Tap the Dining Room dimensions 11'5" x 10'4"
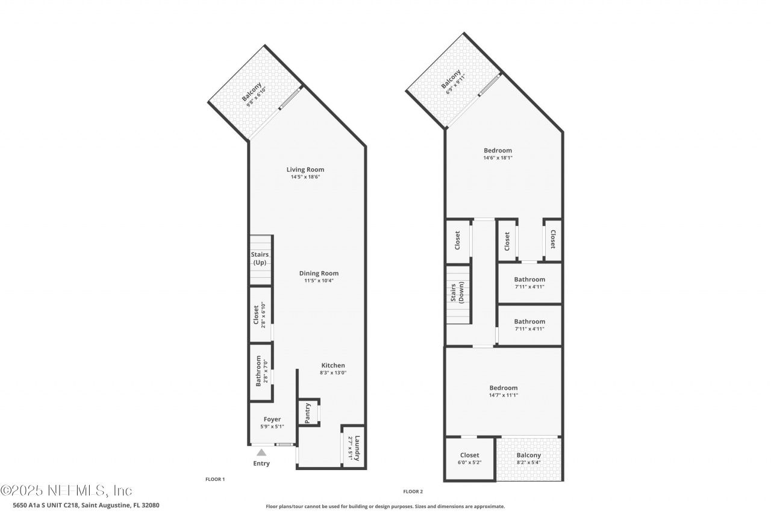point(319,281)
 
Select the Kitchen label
point(332,365)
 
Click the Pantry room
point(308,413)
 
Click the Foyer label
point(272,419)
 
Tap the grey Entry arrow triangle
point(261,453)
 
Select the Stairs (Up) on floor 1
point(261,259)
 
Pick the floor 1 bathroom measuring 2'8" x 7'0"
point(260,372)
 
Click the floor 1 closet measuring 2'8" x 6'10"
point(260,315)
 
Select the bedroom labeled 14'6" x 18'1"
point(498,154)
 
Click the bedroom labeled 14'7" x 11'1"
point(503,391)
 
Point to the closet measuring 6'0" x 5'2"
point(469,459)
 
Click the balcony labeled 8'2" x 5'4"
point(528,459)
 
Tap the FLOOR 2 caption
point(414,491)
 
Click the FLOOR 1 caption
point(215,479)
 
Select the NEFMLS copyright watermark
point(66,490)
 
